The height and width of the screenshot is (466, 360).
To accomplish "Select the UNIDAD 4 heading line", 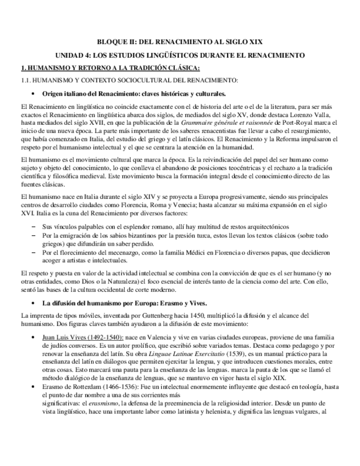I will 180,56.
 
